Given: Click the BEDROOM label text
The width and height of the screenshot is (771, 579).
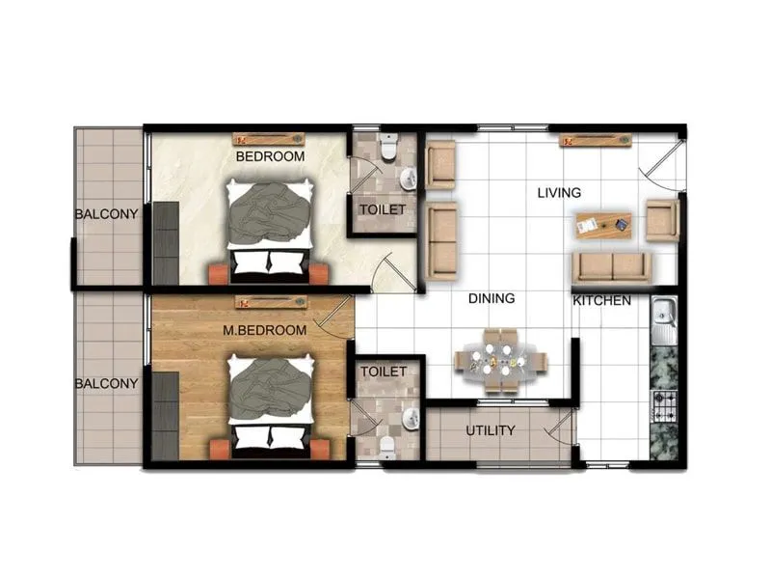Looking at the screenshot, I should [x=270, y=155].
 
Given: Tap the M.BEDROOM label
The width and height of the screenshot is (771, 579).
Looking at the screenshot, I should [x=264, y=330].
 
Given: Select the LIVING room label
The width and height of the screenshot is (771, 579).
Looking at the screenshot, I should [x=560, y=193].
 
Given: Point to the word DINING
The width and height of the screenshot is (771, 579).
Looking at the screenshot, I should [x=492, y=298].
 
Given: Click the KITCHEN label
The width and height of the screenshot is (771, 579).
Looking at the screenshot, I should [x=602, y=300].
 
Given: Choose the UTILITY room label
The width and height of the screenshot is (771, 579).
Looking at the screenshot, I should [x=491, y=430].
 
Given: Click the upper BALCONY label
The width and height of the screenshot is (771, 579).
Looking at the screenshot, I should [x=106, y=213].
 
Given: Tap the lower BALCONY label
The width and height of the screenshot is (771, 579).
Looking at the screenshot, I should [x=106, y=382].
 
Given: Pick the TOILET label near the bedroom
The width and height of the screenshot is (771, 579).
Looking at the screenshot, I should [x=382, y=208].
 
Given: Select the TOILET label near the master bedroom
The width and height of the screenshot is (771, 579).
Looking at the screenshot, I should [x=383, y=370].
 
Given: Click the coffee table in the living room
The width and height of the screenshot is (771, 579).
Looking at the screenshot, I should [x=603, y=225].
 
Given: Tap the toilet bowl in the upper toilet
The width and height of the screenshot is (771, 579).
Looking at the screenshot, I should [x=388, y=148].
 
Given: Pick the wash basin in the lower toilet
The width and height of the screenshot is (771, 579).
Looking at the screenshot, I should [x=411, y=417].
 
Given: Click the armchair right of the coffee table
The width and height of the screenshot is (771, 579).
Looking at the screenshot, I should [x=662, y=220].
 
